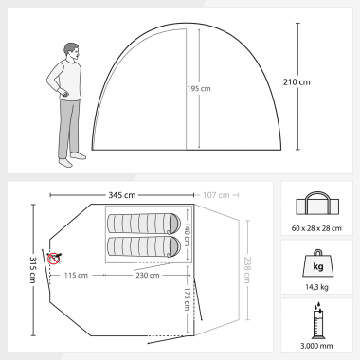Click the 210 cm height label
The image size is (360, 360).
coord(297,82)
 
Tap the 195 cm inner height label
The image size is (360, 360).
coord(199,89)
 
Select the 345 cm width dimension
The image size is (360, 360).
coord(122,195)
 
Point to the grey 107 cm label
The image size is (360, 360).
coord(216,195)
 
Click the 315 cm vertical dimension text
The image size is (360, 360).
coord(33,269)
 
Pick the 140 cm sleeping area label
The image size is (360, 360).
coord(187,235)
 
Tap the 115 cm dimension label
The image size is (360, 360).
coord(76,275)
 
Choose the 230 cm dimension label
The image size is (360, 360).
coord(148,275)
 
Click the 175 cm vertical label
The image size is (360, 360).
coord(187,299)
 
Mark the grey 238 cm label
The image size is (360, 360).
coord(247,270)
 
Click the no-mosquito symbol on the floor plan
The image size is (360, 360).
coord(54,258)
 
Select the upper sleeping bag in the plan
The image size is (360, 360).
coord(144,224)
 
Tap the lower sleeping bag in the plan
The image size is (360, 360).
coord(144,246)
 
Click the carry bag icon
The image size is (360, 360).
coord(317,204)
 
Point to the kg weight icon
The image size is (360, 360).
coord(318,263)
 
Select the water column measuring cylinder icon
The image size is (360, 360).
coord(317,320)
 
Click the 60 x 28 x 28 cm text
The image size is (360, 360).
coord(316,228)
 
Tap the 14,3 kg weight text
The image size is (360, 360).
coord(316,287)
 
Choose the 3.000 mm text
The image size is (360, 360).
coord(316,346)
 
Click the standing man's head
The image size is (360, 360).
coord(72,51)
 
